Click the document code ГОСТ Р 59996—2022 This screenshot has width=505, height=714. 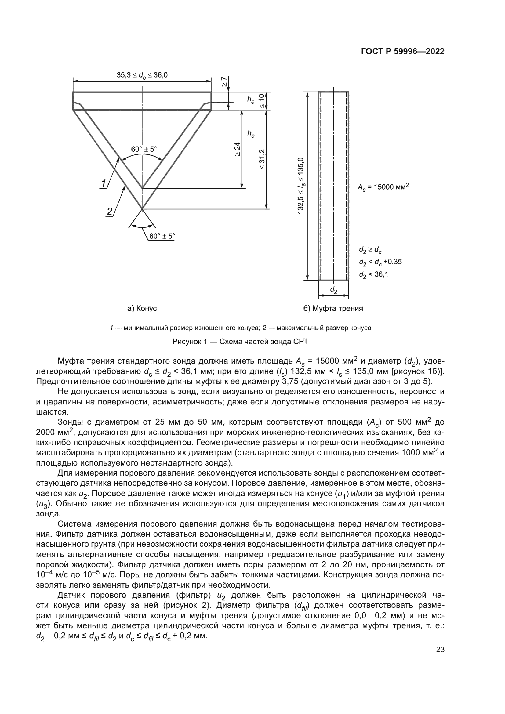pyautogui.click(x=403, y=52)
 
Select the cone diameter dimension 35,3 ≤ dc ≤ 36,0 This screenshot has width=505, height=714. pyautogui.click(x=142, y=75)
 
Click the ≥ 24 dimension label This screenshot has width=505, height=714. pyautogui.click(x=238, y=149)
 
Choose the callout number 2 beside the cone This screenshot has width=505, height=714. pyautogui.click(x=110, y=212)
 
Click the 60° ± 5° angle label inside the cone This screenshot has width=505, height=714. pyautogui.click(x=144, y=149)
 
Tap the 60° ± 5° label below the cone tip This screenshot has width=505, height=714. pyautogui.click(x=162, y=236)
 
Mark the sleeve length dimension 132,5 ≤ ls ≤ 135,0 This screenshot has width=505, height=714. pyautogui.click(x=301, y=186)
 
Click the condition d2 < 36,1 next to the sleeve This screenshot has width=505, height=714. pyautogui.click(x=373, y=274)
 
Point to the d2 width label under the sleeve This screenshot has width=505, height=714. pyautogui.click(x=333, y=290)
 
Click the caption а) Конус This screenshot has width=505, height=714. pyautogui.click(x=142, y=309)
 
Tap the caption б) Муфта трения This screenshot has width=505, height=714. pyautogui.click(x=333, y=309)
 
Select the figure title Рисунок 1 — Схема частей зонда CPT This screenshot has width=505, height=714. pyautogui.click(x=240, y=342)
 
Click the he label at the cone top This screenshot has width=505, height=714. pyautogui.click(x=251, y=100)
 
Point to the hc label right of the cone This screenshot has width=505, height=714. pyautogui.click(x=251, y=134)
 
